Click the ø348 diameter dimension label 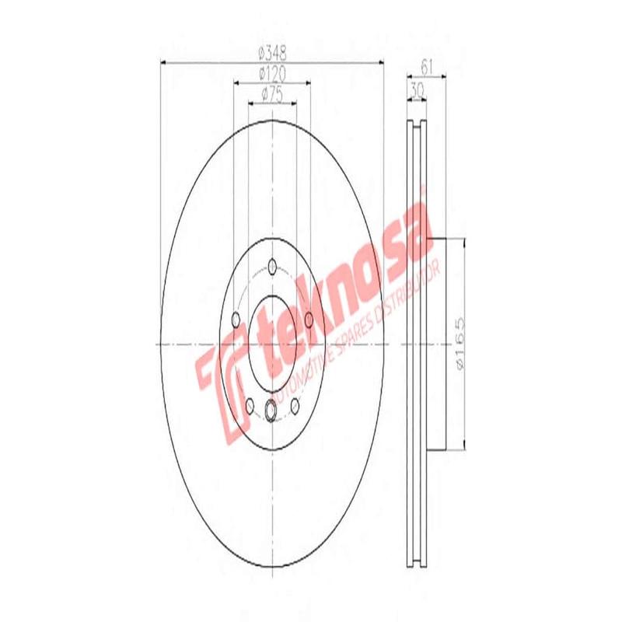pyautogui.click(x=271, y=54)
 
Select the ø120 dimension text pyautogui.click(x=271, y=74)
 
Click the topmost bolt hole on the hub pyautogui.click(x=272, y=268)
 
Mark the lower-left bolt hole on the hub pyautogui.click(x=250, y=404)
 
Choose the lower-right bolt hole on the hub pyautogui.click(x=295, y=404)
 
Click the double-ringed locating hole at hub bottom pyautogui.click(x=272, y=411)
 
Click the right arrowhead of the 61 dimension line pyautogui.click(x=443, y=76)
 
